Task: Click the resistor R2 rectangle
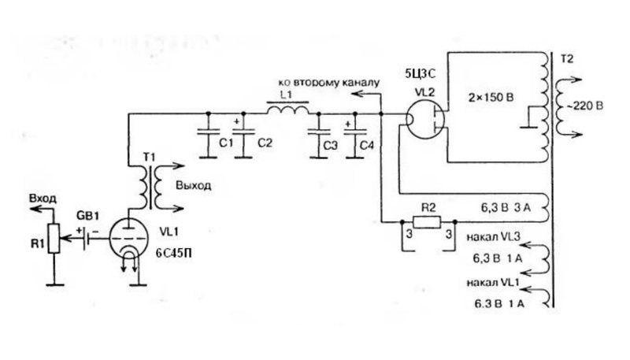[x=427, y=222]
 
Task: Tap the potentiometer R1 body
[x=54, y=239]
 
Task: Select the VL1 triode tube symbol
[x=128, y=239]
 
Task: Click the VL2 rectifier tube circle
[x=424, y=119]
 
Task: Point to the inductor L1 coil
[x=288, y=109]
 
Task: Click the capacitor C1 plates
[x=208, y=132]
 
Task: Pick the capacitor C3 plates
[x=319, y=132]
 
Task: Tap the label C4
[x=366, y=145]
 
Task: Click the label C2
[x=265, y=143]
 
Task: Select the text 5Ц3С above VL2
[x=421, y=73]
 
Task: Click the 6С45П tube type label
[x=173, y=253]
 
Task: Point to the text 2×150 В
[x=491, y=98]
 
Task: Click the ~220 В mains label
[x=584, y=106]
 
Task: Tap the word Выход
[x=193, y=186]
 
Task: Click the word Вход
[x=43, y=199]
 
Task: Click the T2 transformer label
[x=566, y=59]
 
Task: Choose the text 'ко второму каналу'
[x=328, y=84]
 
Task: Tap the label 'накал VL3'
[x=494, y=236]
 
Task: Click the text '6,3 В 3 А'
[x=506, y=208]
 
